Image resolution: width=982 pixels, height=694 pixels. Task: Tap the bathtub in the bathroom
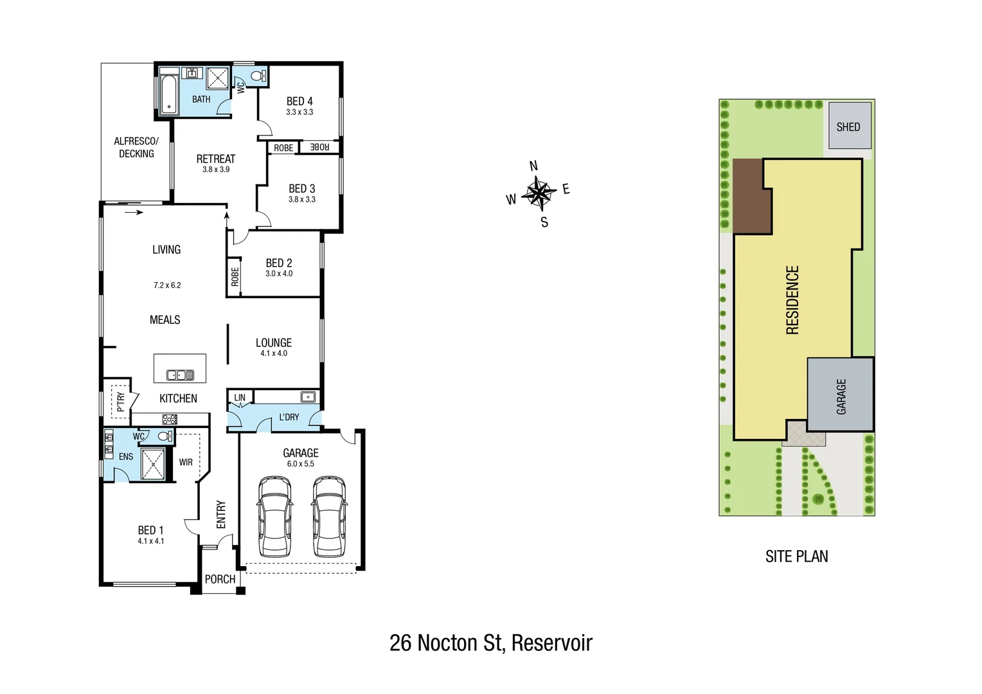(x=169, y=94)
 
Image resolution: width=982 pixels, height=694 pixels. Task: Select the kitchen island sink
(x=180, y=375)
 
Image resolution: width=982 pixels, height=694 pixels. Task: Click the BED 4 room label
(x=299, y=102)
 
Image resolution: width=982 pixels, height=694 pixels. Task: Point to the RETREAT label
(x=216, y=159)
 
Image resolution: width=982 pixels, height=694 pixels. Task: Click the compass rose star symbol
(x=539, y=193)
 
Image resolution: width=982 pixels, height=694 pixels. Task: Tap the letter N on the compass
(x=533, y=166)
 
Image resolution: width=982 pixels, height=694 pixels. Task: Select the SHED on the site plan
(x=849, y=127)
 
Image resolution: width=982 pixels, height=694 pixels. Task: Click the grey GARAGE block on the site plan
(x=841, y=395)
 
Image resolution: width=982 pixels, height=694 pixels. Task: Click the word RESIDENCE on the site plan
(x=792, y=300)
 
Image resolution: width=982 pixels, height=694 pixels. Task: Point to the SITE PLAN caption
(x=796, y=556)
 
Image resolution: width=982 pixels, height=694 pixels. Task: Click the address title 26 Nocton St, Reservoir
(x=491, y=643)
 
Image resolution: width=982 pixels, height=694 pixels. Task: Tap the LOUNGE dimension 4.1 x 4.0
(x=274, y=353)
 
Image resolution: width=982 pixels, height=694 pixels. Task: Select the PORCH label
(x=220, y=579)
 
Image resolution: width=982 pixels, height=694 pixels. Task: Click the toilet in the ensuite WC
(x=165, y=436)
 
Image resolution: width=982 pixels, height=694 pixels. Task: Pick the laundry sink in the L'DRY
(x=308, y=396)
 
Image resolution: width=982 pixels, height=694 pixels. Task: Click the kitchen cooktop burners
(x=170, y=420)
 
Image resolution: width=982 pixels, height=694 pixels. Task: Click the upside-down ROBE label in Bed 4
(x=319, y=147)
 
